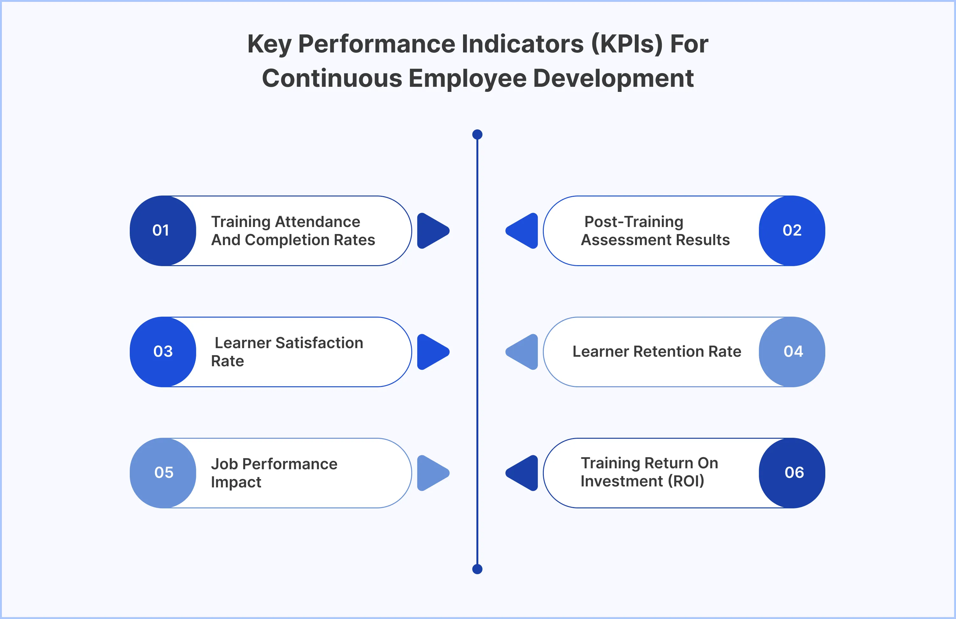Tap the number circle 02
point(792,231)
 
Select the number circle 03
point(163,352)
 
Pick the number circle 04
point(792,352)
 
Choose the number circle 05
point(163,473)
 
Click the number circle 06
point(792,473)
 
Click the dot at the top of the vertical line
point(477,134)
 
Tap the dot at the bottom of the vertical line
point(477,569)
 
